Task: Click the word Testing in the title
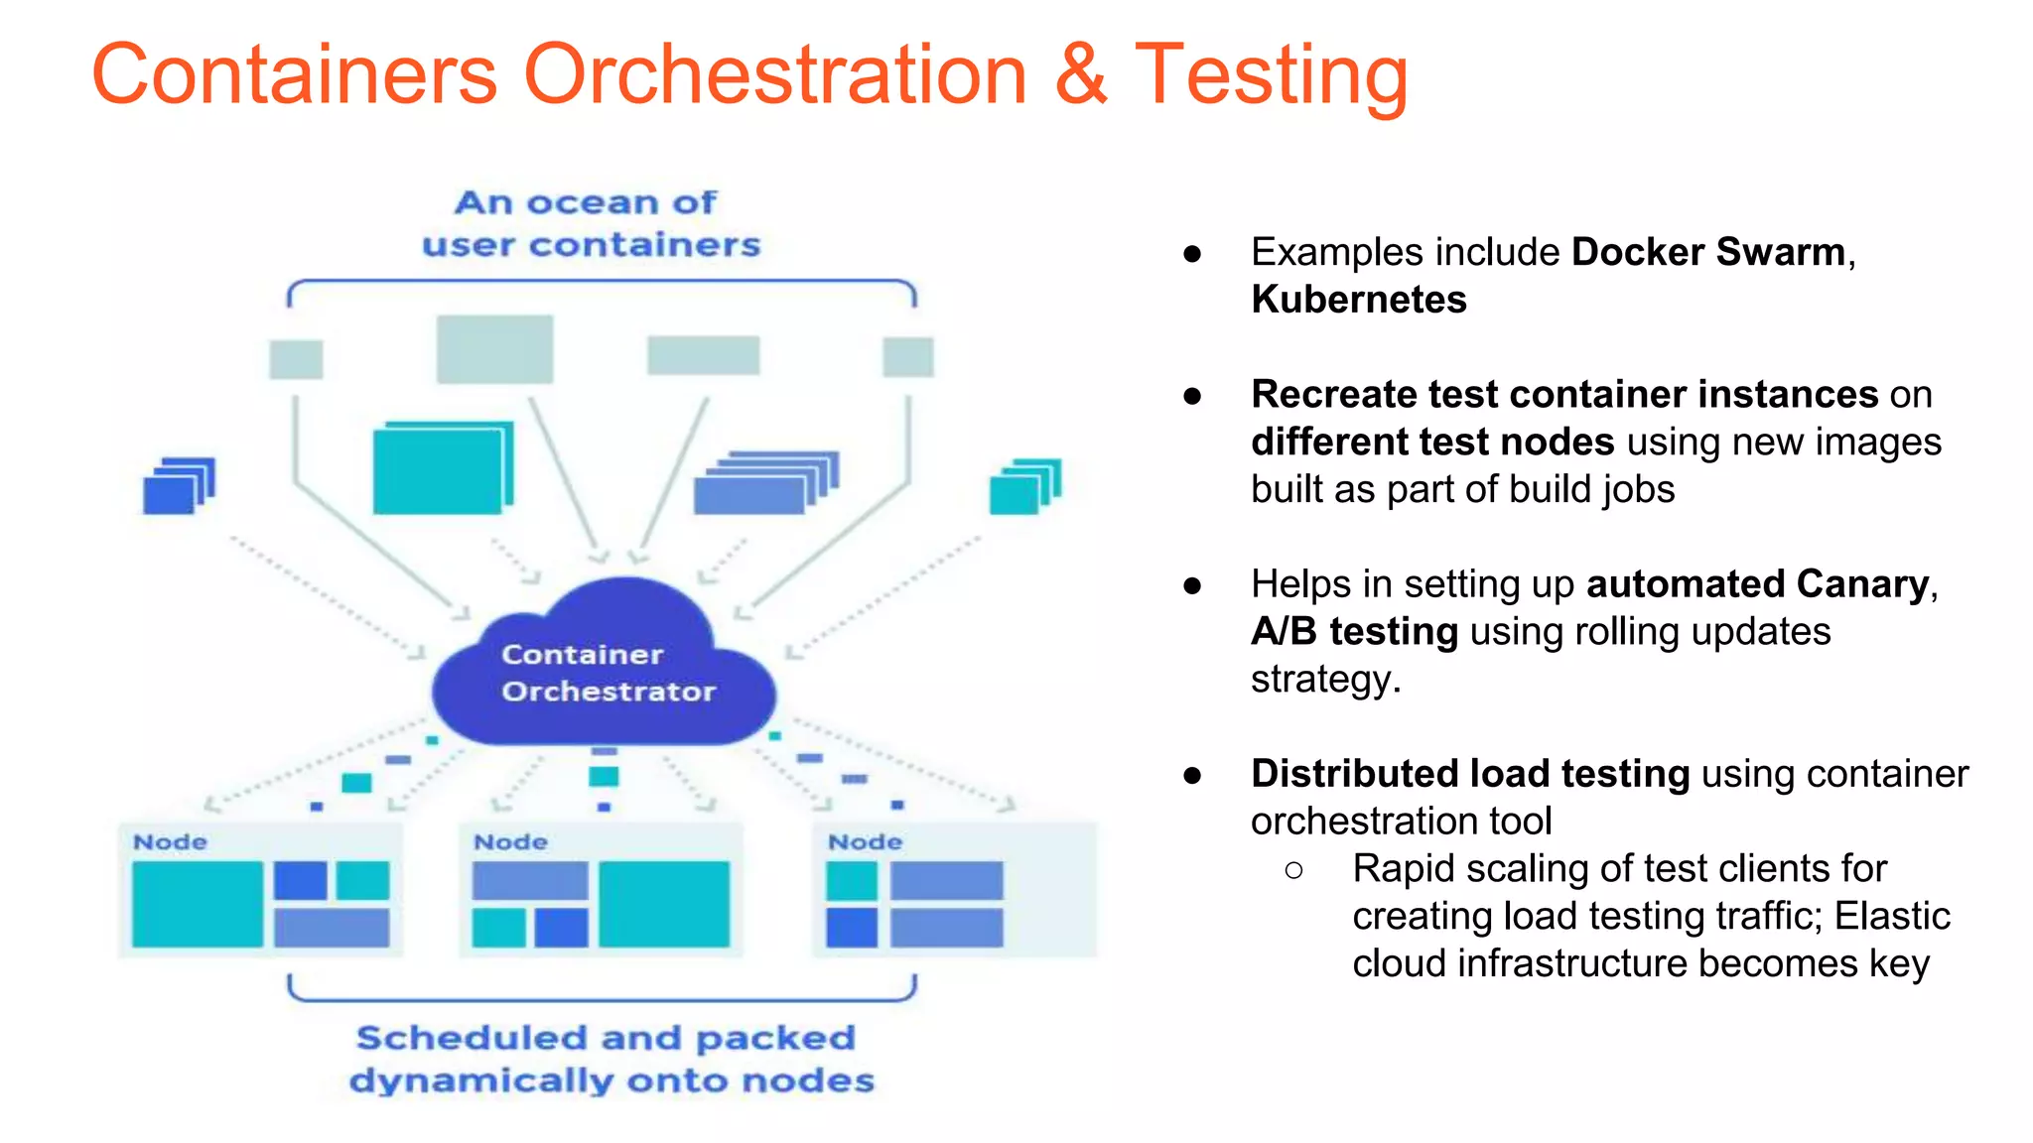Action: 1271,75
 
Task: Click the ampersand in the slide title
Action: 1081,75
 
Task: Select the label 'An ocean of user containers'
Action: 591,223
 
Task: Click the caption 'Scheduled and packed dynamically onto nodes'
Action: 610,1059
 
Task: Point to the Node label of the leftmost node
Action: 171,842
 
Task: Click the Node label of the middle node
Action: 511,842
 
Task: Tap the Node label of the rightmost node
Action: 866,842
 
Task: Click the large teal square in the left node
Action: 198,904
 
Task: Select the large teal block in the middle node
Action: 664,904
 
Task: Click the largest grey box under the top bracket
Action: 494,349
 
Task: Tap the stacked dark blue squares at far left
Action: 178,486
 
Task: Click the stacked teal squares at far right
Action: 1024,486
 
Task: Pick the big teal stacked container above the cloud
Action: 442,468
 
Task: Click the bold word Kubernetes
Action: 1358,300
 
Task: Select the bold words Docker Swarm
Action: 1707,252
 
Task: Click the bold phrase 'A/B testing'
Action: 1354,632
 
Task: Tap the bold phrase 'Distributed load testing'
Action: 1469,774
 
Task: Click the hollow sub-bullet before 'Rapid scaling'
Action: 1293,870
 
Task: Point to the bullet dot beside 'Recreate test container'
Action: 1192,396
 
